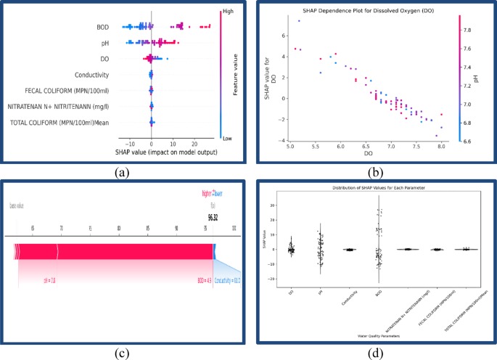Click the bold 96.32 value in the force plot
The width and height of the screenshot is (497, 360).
click(x=214, y=217)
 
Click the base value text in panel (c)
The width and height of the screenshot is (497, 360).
click(x=16, y=205)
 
